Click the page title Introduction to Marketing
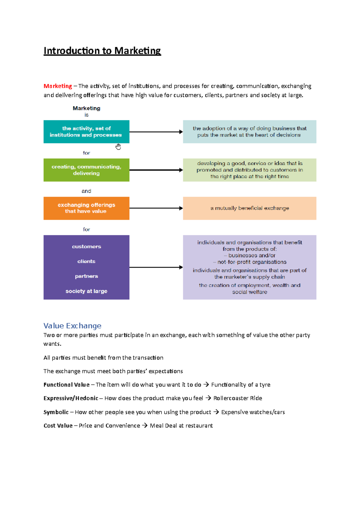pos(102,51)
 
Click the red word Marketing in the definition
pos(58,86)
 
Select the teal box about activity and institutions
pos(86,132)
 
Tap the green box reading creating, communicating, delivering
pos(86,170)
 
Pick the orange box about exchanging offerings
pos(86,208)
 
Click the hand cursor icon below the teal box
pos(118,147)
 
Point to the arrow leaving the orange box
pos(156,208)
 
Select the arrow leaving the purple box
pos(156,267)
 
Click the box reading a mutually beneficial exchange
pos(250,208)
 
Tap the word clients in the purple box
pos(86,261)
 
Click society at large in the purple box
pos(86,291)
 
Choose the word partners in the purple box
pos(86,276)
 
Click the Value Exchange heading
pos(72,326)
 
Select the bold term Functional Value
pos(66,385)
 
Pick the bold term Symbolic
pos(56,412)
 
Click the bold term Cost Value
pos(58,426)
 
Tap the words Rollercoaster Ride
pos(238,398)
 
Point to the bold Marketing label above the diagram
pos(86,108)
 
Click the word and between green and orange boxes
pos(86,191)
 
